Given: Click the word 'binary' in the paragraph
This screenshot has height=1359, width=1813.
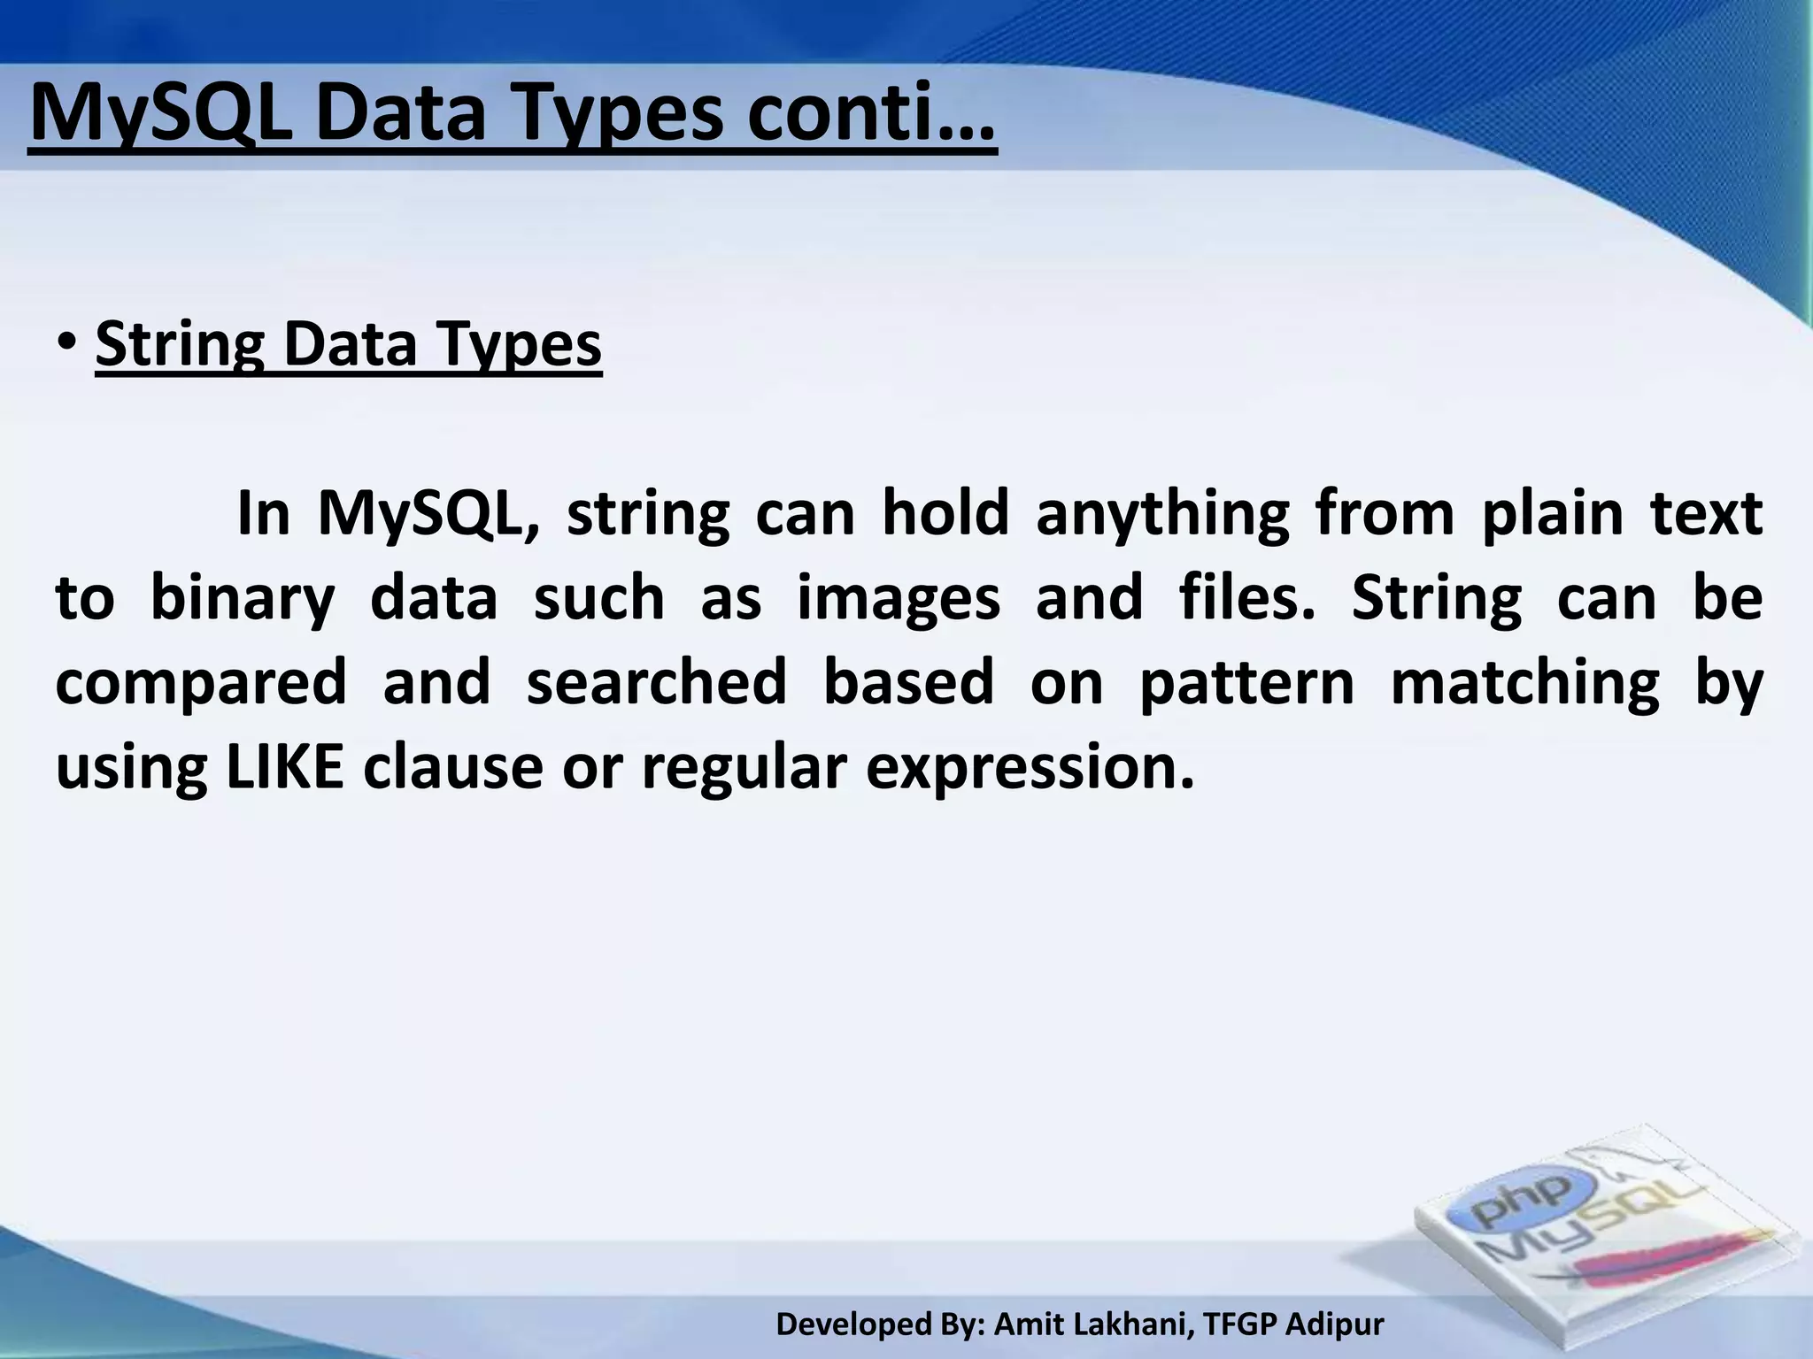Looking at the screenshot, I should coord(243,598).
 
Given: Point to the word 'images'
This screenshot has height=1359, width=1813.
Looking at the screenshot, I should coord(899,598).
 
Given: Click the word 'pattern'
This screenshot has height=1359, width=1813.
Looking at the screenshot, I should coord(1246,682).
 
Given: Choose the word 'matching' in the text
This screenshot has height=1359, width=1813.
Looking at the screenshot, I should coord(1524,682).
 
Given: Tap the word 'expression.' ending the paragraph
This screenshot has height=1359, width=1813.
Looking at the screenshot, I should coord(1030,768).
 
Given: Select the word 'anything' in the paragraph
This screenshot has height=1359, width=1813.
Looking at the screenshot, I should coord(1162,515).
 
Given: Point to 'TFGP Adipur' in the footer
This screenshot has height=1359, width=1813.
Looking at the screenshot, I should coord(1294,1324).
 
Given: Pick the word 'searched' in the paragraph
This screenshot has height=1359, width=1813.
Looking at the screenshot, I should coord(656,682).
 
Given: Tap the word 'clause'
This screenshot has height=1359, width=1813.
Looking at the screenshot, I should coord(452,766).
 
